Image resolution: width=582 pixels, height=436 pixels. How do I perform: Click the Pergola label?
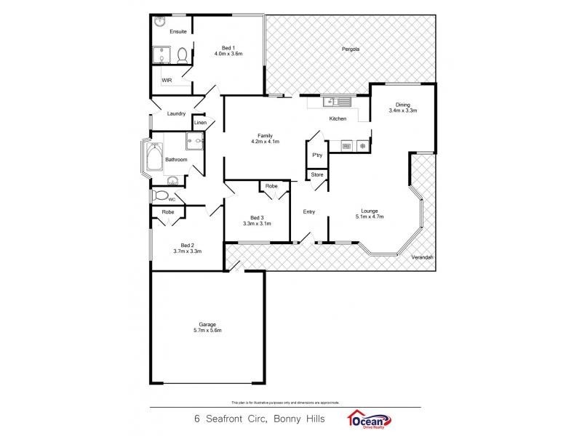(351, 49)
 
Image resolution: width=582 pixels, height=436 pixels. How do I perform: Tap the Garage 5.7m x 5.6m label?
(208, 327)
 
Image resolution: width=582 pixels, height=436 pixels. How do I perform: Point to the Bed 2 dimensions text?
(187, 251)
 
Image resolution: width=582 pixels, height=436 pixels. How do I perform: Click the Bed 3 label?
(256, 217)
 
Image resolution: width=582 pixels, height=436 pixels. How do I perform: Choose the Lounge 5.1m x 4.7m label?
(369, 214)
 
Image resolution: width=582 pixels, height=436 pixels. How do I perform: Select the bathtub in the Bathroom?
(154, 158)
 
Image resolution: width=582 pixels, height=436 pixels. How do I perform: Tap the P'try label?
(316, 156)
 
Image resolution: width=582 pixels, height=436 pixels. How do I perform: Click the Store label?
(316, 175)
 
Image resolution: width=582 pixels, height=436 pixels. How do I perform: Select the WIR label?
(167, 81)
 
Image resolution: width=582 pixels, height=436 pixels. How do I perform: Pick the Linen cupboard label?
(199, 123)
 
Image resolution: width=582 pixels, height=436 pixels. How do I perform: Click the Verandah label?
(422, 258)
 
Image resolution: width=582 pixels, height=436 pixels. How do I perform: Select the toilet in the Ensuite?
(182, 55)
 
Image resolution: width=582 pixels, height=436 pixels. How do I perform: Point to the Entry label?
(309, 211)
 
